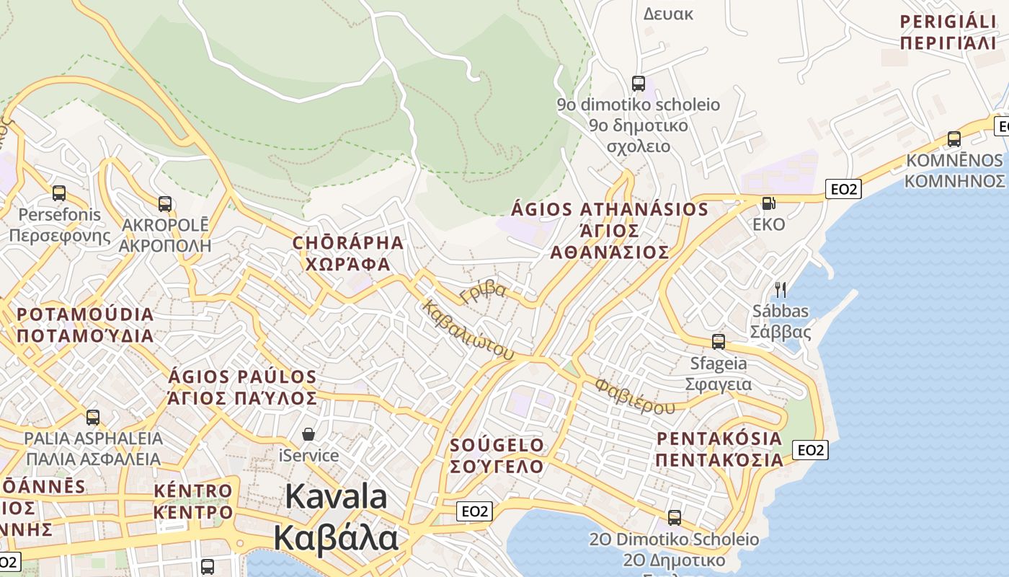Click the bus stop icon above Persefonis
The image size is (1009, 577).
(59, 193)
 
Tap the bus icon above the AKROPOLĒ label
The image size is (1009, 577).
(165, 204)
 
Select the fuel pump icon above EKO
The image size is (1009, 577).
(769, 203)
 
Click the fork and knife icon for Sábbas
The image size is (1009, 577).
(780, 290)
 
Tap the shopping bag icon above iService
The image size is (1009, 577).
(308, 434)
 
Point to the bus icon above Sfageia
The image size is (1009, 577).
(719, 342)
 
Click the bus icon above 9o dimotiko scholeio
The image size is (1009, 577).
(639, 83)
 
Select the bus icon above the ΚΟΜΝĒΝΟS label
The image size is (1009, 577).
(954, 139)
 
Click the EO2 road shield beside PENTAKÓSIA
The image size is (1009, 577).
(811, 450)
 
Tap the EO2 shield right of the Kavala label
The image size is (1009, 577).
(475, 511)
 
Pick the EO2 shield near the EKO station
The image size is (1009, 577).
(844, 189)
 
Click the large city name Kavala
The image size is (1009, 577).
(336, 497)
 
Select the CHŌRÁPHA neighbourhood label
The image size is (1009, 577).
(348, 242)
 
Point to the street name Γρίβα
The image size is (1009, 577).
(483, 291)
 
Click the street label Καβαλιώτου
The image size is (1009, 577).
(469, 330)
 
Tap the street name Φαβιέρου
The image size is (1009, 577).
(635, 396)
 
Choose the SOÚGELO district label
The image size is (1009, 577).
(497, 444)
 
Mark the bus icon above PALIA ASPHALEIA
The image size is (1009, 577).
(93, 417)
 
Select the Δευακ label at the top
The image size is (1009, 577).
(667, 14)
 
